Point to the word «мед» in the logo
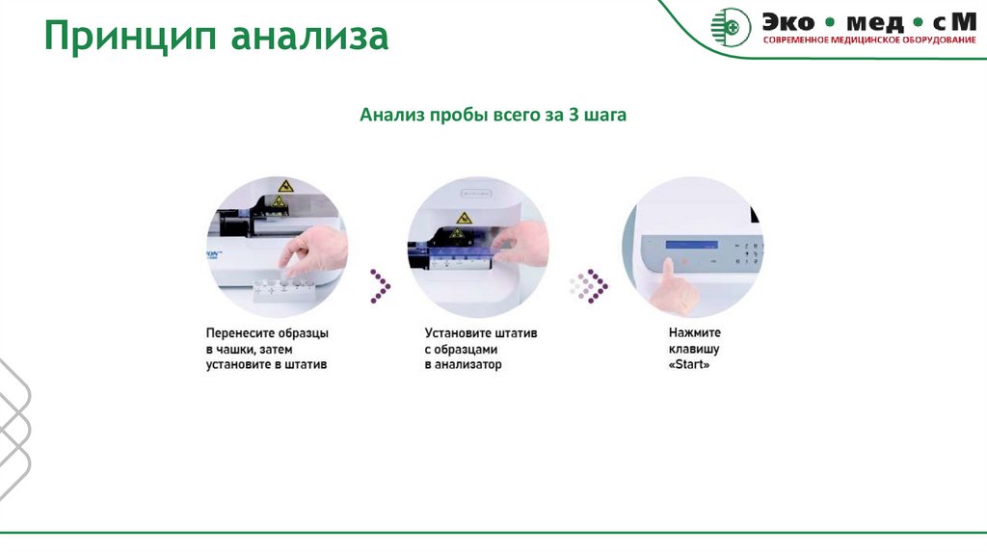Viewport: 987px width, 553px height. pos(865,20)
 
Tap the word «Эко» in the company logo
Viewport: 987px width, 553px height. pos(789,20)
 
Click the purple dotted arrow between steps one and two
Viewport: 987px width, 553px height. pos(381,284)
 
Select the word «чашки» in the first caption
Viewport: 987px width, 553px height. pos(240,349)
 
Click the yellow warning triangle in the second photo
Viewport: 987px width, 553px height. pos(464,218)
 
